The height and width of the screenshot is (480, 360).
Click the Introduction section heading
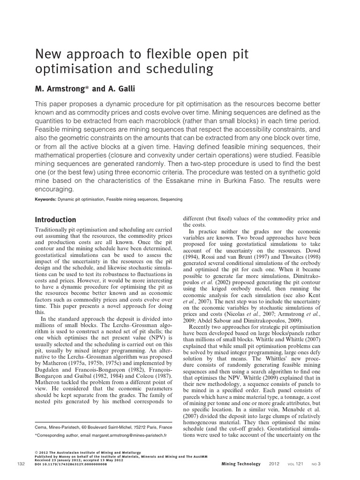pos(56,219)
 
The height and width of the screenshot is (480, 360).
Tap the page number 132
pos(20,464)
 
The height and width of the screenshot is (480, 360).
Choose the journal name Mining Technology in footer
pos(240,464)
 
